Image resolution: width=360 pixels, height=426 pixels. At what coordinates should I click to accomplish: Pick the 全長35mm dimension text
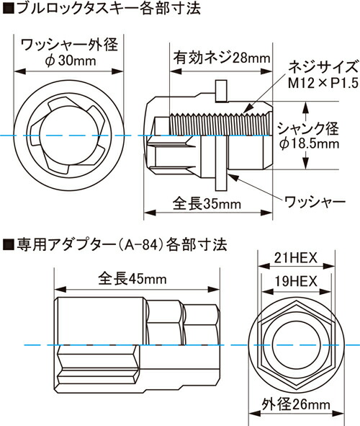click(x=207, y=204)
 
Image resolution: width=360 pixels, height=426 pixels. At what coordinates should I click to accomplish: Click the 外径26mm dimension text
click(x=292, y=405)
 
